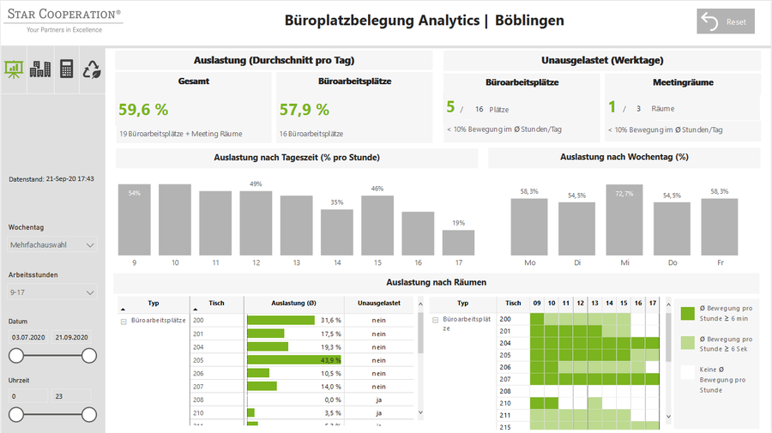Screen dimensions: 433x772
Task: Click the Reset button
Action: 725,22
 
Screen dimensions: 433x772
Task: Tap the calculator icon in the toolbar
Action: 66,69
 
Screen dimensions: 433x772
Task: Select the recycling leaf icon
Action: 92,69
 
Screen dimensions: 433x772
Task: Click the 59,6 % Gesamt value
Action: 143,110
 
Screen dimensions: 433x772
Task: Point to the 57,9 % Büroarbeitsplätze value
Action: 305,110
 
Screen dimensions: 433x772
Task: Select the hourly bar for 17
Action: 459,243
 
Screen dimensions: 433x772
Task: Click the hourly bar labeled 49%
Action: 256,223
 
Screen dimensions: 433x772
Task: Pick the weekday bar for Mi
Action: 624,220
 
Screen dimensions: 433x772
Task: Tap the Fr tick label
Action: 720,263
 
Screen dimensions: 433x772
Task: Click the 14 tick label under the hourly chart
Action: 337,263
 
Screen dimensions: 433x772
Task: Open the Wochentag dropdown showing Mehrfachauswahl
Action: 52,245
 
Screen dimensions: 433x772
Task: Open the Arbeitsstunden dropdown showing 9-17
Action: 52,292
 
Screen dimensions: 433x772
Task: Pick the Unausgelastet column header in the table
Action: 378,303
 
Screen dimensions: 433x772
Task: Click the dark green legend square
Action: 687,313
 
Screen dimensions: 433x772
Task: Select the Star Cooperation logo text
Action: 64,15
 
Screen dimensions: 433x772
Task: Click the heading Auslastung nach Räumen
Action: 437,282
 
